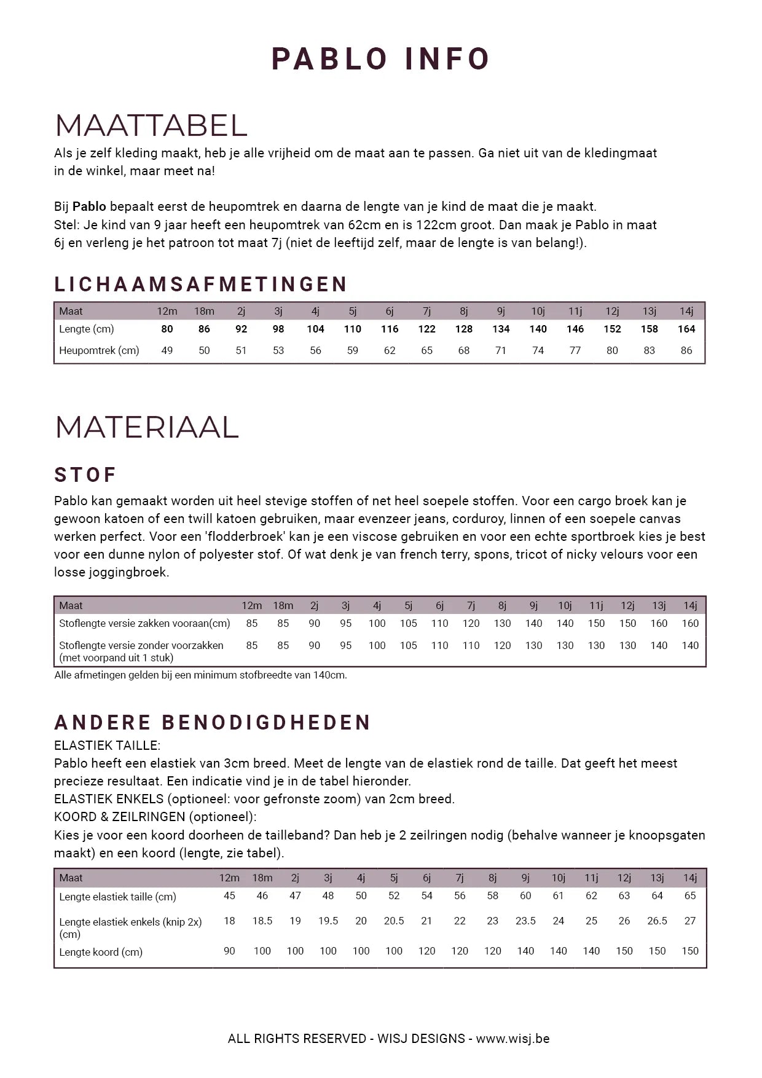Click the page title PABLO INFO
[380, 60]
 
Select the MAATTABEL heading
[151, 125]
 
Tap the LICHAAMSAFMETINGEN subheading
[201, 284]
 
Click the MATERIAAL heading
[147, 427]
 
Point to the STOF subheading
[85, 475]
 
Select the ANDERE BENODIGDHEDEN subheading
[213, 722]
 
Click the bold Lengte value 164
[686, 329]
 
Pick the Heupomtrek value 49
[167, 350]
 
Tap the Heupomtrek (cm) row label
[99, 350]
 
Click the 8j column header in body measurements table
[464, 311]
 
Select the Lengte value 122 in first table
[426, 329]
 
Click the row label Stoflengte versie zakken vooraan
[144, 623]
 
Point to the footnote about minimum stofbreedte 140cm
[200, 675]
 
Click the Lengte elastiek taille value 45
[229, 895]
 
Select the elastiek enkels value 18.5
[262, 921]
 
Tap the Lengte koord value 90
[229, 951]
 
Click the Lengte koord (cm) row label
[101, 952]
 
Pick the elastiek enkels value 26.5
[657, 921]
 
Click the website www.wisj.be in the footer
[513, 1039]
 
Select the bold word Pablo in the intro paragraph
[89, 207]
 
